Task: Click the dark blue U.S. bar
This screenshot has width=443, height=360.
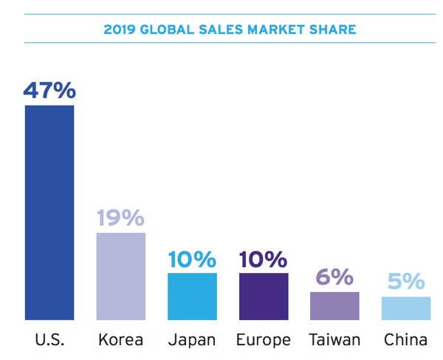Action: pyautogui.click(x=49, y=212)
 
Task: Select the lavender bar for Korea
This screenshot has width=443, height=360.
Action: pyautogui.click(x=121, y=276)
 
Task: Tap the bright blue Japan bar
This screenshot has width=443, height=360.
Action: pyautogui.click(x=192, y=296)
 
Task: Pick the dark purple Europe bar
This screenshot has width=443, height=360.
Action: pyautogui.click(x=264, y=296)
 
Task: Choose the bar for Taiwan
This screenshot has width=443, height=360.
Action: pyautogui.click(x=334, y=305)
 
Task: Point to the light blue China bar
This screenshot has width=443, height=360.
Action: pyautogui.click(x=406, y=308)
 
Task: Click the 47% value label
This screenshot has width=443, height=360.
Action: pyautogui.click(x=49, y=90)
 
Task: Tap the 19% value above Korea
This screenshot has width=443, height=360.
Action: pyautogui.click(x=121, y=218)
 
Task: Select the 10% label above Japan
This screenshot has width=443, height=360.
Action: pyautogui.click(x=192, y=259)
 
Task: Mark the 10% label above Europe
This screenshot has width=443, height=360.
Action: pyautogui.click(x=264, y=259)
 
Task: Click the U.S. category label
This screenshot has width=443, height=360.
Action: pyautogui.click(x=49, y=340)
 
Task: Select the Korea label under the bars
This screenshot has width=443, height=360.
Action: pyautogui.click(x=121, y=340)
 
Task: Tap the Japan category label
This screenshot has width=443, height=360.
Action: pyautogui.click(x=192, y=340)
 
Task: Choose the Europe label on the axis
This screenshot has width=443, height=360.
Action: pyautogui.click(x=264, y=340)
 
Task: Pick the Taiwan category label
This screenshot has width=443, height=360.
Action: pyautogui.click(x=334, y=340)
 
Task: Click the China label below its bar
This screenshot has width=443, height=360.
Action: pyautogui.click(x=406, y=340)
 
